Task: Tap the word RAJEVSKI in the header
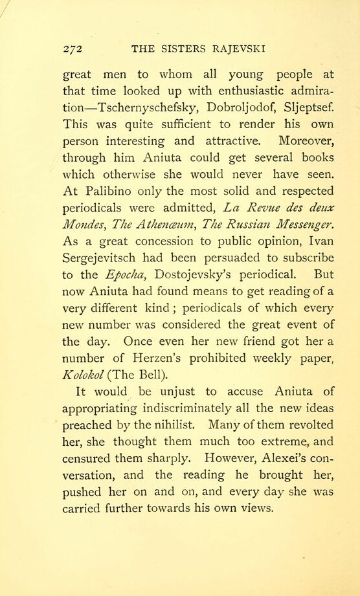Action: click(238, 48)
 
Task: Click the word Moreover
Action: click(305, 141)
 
